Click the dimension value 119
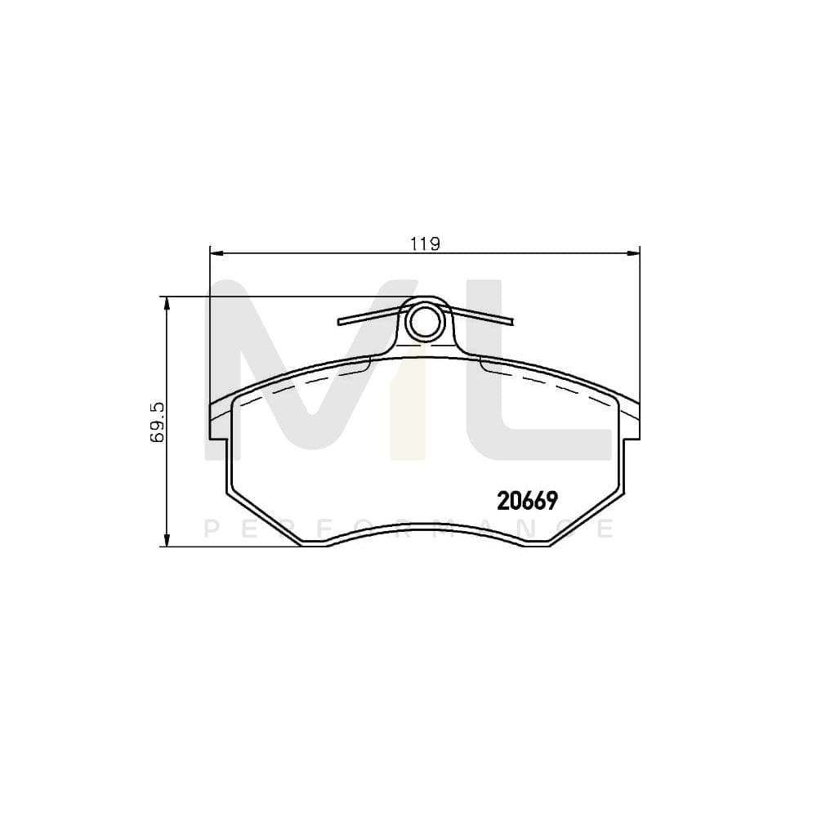pos(424,243)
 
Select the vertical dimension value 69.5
pos(158,422)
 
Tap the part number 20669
pos(527,500)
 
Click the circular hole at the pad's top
pos(423,322)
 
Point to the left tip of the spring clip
pos(341,322)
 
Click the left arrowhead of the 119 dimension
pos(215,252)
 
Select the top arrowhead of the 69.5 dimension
pos(167,302)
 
